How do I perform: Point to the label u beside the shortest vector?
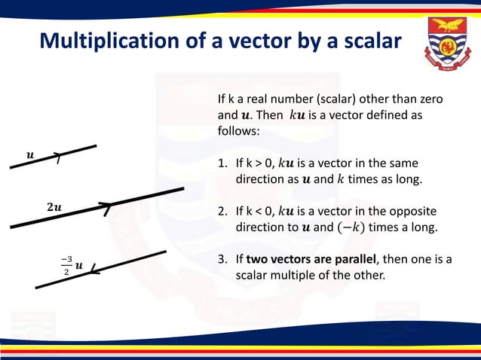click(30, 155)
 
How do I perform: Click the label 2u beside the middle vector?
click(54, 206)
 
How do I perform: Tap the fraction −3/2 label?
click(66, 266)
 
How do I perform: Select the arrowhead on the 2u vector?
click(107, 209)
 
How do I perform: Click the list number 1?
click(222, 163)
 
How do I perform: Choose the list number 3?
click(222, 259)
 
